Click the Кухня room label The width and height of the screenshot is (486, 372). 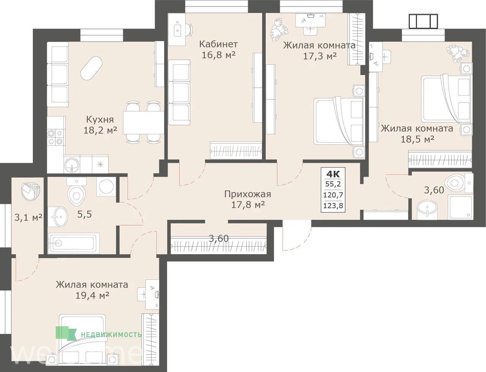[100, 120]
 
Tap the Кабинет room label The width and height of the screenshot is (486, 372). [219, 44]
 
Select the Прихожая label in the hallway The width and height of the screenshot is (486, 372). [248, 194]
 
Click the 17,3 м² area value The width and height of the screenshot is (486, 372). [320, 56]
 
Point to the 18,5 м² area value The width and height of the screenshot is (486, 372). [417, 139]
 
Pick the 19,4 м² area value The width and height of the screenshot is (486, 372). [92, 295]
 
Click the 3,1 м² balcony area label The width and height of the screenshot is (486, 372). [28, 218]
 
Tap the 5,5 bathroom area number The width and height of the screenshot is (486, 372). [85, 214]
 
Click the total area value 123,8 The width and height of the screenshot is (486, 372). [333, 206]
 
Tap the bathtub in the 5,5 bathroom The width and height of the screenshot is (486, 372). [74, 243]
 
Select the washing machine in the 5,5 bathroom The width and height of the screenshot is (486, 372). [106, 187]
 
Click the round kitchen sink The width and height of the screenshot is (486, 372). [72, 165]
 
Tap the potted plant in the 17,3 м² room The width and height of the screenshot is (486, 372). [279, 30]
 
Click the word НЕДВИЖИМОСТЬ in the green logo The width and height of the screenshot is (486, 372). [111, 334]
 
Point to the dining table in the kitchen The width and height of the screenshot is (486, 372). [144, 122]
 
